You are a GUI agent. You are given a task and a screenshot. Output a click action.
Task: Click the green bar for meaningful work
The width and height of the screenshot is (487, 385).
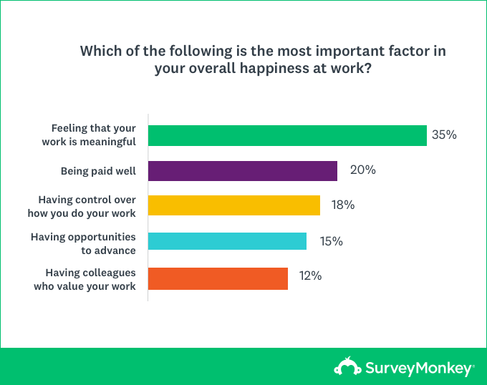click(287, 135)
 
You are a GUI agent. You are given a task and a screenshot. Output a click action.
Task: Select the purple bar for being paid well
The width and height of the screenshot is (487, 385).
click(243, 170)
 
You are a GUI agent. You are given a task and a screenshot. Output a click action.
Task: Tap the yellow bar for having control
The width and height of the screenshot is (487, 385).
click(234, 205)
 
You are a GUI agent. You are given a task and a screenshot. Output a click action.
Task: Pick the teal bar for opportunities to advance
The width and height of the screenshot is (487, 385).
click(228, 241)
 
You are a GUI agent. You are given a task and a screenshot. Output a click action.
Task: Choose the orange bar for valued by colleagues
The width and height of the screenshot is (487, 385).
click(218, 278)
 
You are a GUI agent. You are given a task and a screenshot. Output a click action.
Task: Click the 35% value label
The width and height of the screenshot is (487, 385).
click(443, 135)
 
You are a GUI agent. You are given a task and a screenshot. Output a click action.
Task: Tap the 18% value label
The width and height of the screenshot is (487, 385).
click(342, 205)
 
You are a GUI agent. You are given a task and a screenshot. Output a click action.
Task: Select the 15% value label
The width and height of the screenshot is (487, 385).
click(331, 241)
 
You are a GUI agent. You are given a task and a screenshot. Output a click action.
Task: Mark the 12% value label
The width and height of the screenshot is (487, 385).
click(309, 276)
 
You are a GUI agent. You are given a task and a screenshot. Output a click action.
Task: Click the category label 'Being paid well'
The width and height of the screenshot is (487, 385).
click(99, 171)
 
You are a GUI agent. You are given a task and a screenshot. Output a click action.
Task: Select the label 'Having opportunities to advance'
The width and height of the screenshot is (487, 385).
click(83, 242)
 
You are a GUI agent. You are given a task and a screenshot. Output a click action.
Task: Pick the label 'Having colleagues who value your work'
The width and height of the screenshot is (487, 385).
click(85, 278)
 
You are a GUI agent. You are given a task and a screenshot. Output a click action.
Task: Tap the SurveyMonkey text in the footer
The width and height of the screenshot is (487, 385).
click(420, 369)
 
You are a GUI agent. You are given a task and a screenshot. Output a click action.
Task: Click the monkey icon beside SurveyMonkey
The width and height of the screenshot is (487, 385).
click(348, 368)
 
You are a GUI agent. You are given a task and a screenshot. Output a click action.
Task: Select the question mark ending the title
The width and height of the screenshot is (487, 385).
click(367, 69)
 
